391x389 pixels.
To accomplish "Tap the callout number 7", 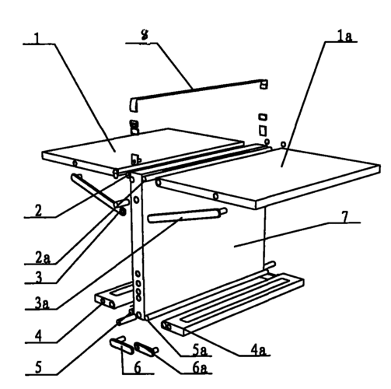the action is coord(345,217).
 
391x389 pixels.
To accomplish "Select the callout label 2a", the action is coord(43,258).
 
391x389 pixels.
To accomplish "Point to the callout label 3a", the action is coord(41,303).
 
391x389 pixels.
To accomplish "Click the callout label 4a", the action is coord(258,350).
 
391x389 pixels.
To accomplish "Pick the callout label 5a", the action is coord(200,350).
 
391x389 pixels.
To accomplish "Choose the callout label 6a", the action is coord(200,368).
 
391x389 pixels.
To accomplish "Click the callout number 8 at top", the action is coord(145,34).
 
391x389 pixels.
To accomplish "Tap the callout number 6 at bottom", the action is coord(138,367).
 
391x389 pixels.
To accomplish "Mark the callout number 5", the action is coord(38,368).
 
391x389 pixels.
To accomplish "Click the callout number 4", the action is coord(38,336).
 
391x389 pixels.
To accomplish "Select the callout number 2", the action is coord(38,211).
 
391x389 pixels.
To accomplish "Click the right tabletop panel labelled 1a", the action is coord(270,177).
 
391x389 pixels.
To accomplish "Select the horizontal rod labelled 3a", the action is coord(187,216).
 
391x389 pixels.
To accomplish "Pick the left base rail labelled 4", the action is coord(114,297).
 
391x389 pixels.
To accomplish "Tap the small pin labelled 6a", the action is coord(146,349).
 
